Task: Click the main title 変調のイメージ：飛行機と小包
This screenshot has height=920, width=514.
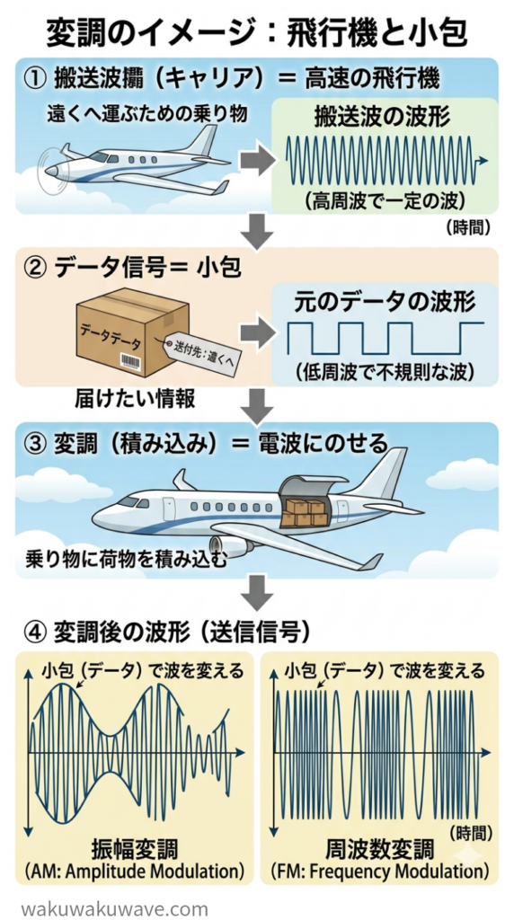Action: pyautogui.click(x=256, y=32)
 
